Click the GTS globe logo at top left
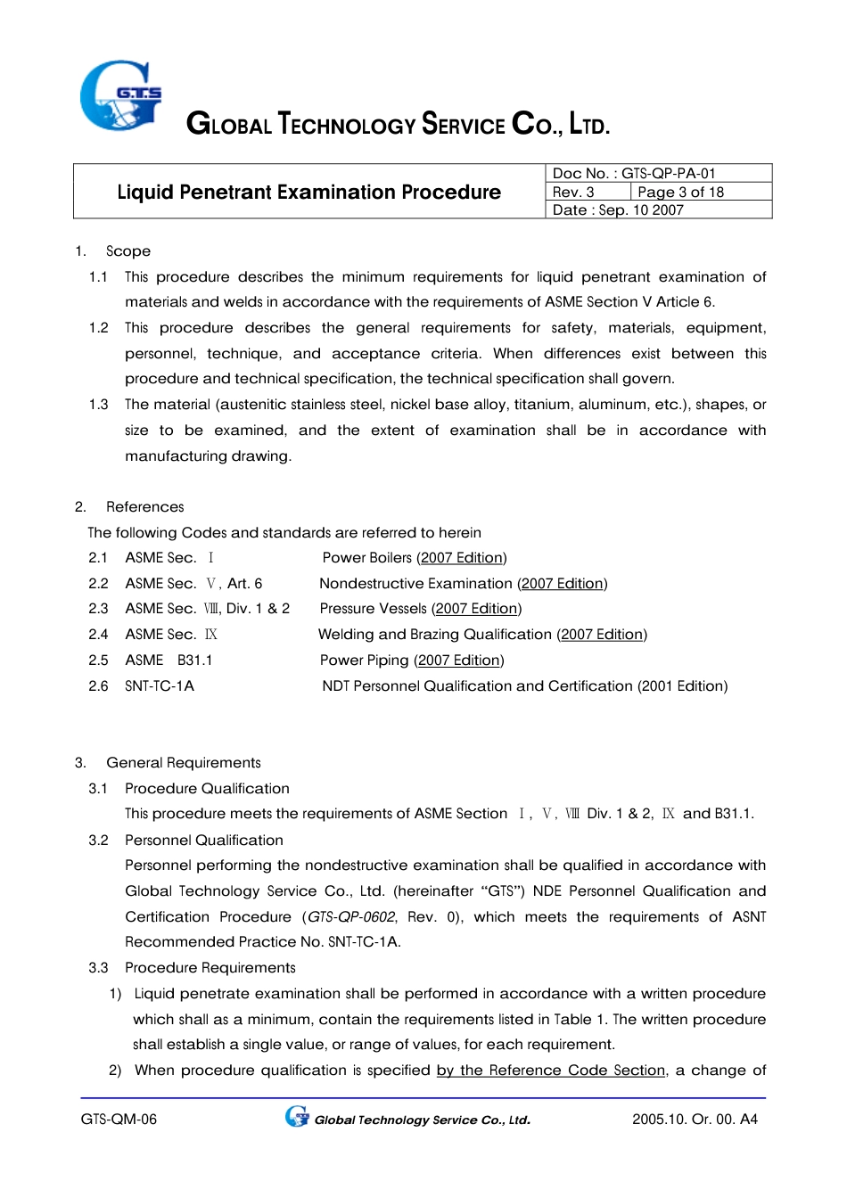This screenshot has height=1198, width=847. pos(120,95)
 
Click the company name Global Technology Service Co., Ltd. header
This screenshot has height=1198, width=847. pos(398,124)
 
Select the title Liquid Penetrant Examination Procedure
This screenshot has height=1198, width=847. pos(308,192)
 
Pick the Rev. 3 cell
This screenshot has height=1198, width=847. pos(587,192)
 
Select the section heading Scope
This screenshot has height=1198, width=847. pos(128,251)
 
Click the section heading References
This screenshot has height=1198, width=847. pos(144,507)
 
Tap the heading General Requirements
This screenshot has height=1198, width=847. pos(184,763)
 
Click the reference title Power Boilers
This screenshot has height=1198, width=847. pos(366,558)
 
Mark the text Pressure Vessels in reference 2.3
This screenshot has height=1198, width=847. pos(373,609)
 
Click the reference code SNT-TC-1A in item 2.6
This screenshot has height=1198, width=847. pos(160,686)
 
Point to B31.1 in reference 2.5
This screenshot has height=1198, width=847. pos(194,661)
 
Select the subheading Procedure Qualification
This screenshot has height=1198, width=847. pos(207,789)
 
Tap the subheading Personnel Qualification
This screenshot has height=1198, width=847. pos(204,841)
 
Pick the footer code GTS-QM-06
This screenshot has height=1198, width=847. pos(119,1120)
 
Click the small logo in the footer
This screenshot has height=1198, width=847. pos(297,1117)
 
